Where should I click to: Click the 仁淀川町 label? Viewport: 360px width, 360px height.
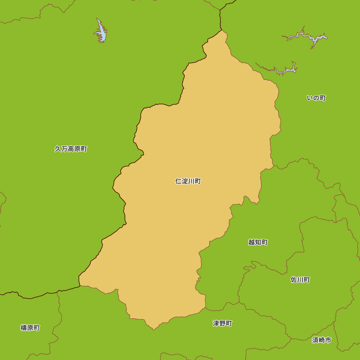[188, 181]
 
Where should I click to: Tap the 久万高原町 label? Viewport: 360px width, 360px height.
[71, 149]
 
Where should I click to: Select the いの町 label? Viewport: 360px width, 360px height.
[316, 98]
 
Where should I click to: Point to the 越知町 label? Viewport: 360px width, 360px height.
[258, 242]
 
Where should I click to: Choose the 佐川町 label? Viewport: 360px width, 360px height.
[300, 280]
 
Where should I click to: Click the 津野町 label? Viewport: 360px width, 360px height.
[222, 324]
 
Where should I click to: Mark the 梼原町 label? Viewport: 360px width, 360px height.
[30, 328]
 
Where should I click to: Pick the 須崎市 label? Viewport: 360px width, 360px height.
[321, 340]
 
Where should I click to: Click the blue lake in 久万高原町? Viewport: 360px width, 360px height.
[101, 32]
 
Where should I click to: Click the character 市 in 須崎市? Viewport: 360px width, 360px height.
[328, 340]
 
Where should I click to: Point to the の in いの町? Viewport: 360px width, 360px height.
[316, 98]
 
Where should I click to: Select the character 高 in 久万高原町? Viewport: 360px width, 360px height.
[71, 149]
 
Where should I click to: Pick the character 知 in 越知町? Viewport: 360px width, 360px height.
[258, 242]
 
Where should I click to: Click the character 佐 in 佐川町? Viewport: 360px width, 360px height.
[294, 280]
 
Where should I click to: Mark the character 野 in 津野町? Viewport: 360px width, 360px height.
[222, 324]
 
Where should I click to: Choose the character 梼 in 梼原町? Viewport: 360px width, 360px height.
[24, 328]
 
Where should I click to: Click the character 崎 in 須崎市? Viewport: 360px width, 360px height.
[321, 340]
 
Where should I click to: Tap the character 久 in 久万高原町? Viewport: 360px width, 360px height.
[58, 149]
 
